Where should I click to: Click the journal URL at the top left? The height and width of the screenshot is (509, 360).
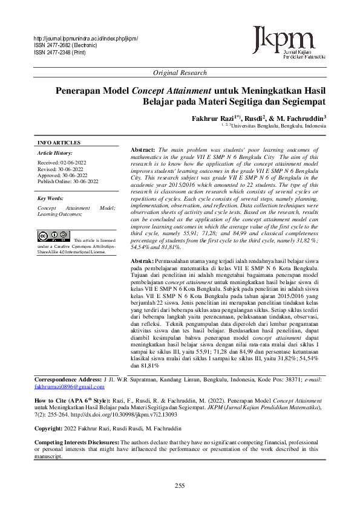pyautogui.click(x=86, y=38)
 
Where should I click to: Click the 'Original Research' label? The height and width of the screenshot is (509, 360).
pyautogui.click(x=180, y=73)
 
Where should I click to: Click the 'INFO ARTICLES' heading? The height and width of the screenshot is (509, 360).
pyautogui.click(x=59, y=143)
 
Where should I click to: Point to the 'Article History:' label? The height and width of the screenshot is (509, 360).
pyautogui.click(x=54, y=154)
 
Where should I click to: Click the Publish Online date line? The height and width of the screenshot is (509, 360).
pyautogui.click(x=67, y=181)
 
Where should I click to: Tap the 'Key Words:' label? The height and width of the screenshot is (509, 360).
pyautogui.click(x=50, y=198)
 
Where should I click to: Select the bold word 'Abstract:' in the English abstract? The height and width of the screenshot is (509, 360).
pyautogui.click(x=143, y=149)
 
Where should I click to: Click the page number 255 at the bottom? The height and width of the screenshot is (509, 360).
pyautogui.click(x=180, y=486)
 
